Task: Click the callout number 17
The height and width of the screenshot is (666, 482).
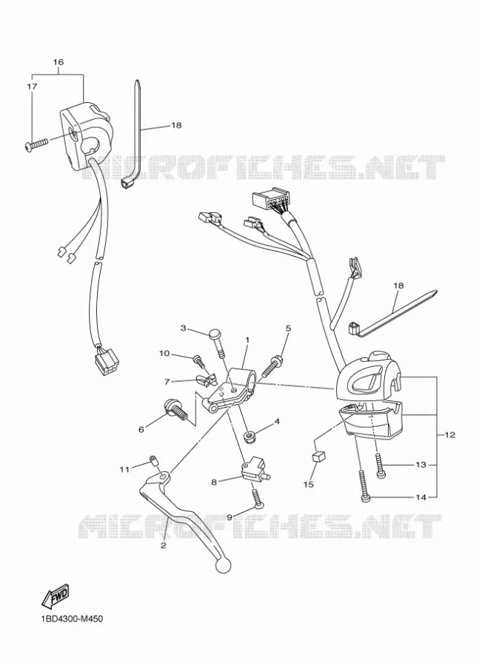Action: tap(33, 87)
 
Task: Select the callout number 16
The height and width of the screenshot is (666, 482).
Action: tap(58, 62)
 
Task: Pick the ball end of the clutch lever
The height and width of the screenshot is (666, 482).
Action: tap(223, 565)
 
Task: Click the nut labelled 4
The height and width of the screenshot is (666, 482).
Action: tap(248, 436)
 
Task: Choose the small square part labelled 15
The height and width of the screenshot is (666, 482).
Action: tap(319, 457)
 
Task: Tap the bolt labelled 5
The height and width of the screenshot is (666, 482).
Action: tap(272, 366)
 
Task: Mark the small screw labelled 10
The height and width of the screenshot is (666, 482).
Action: tap(198, 360)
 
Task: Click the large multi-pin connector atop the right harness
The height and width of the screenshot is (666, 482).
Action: tap(269, 200)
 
